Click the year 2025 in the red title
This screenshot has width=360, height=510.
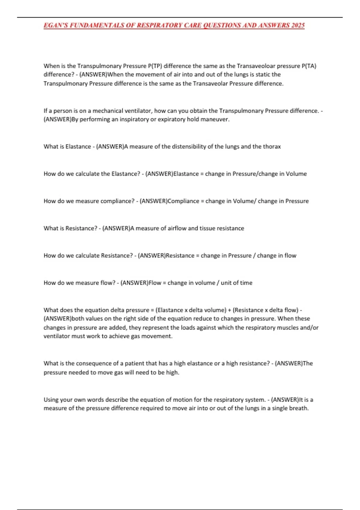tap(298, 25)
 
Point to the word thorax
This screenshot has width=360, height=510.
tap(272, 146)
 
